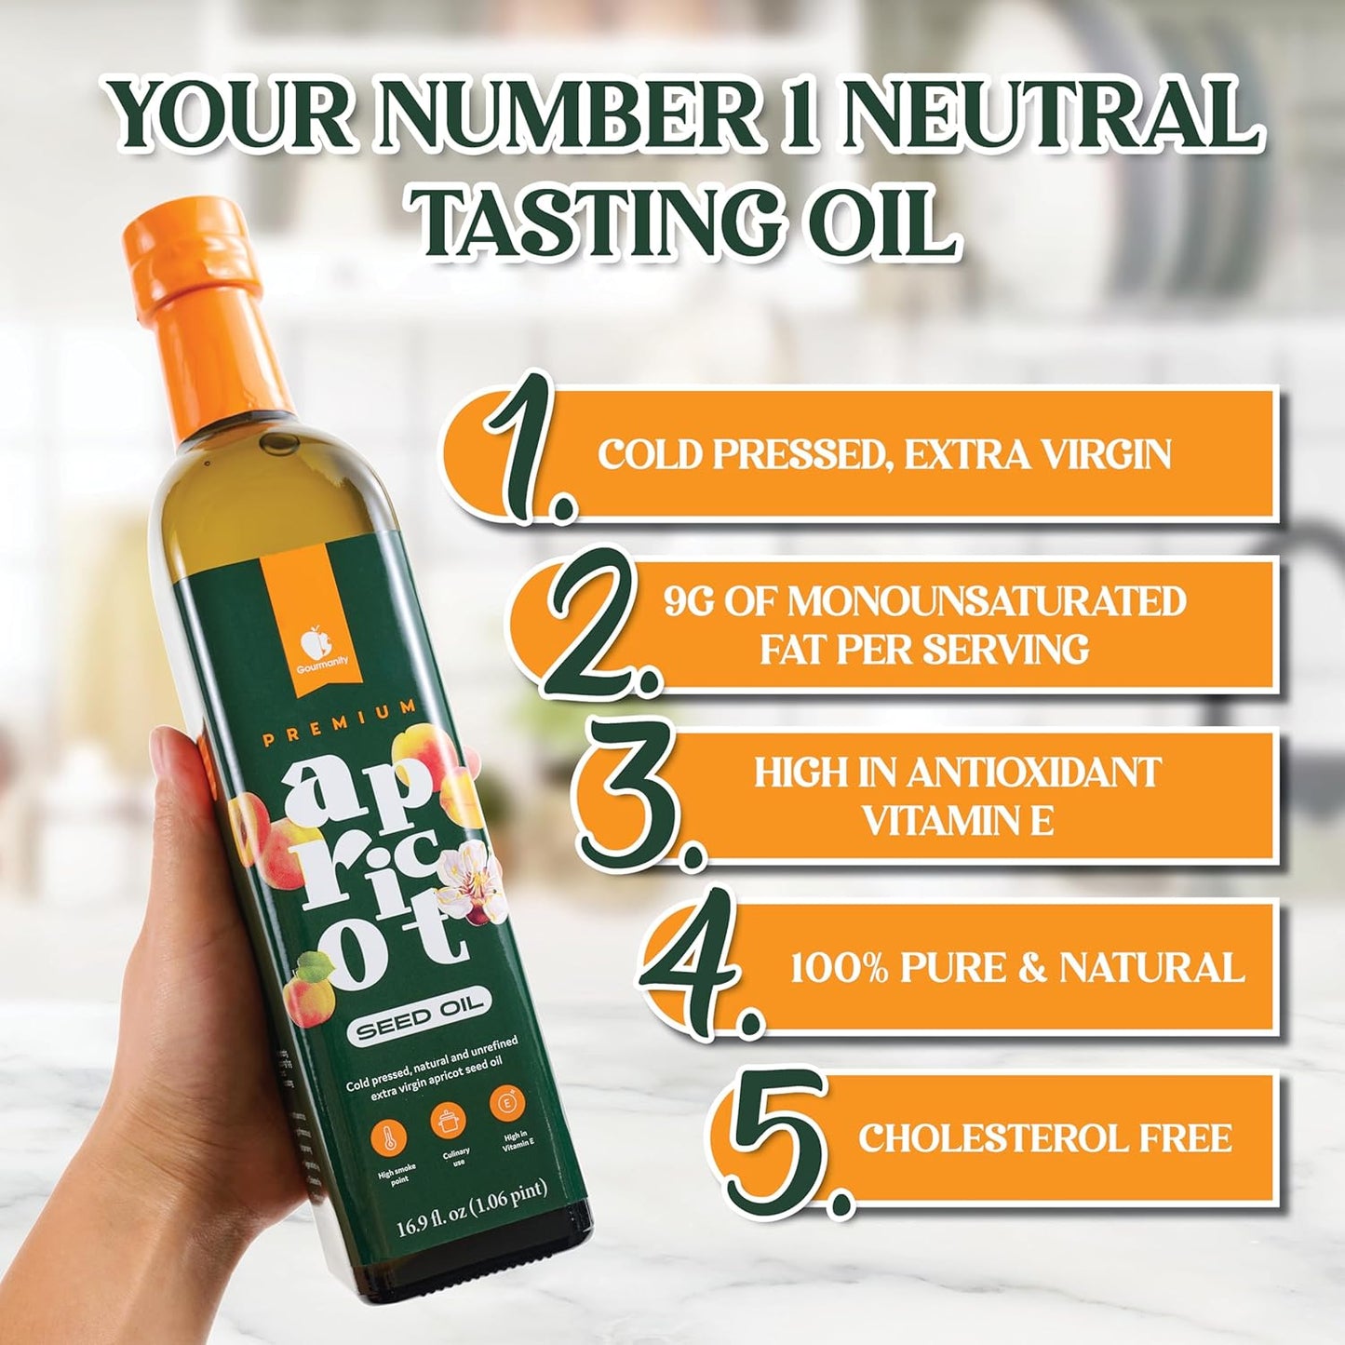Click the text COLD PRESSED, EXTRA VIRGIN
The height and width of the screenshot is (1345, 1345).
coord(883,454)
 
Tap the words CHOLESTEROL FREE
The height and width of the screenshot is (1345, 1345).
coord(1044,1138)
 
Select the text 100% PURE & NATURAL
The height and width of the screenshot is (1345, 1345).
coord(1016,968)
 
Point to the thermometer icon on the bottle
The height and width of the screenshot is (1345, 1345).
coord(388,1138)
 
